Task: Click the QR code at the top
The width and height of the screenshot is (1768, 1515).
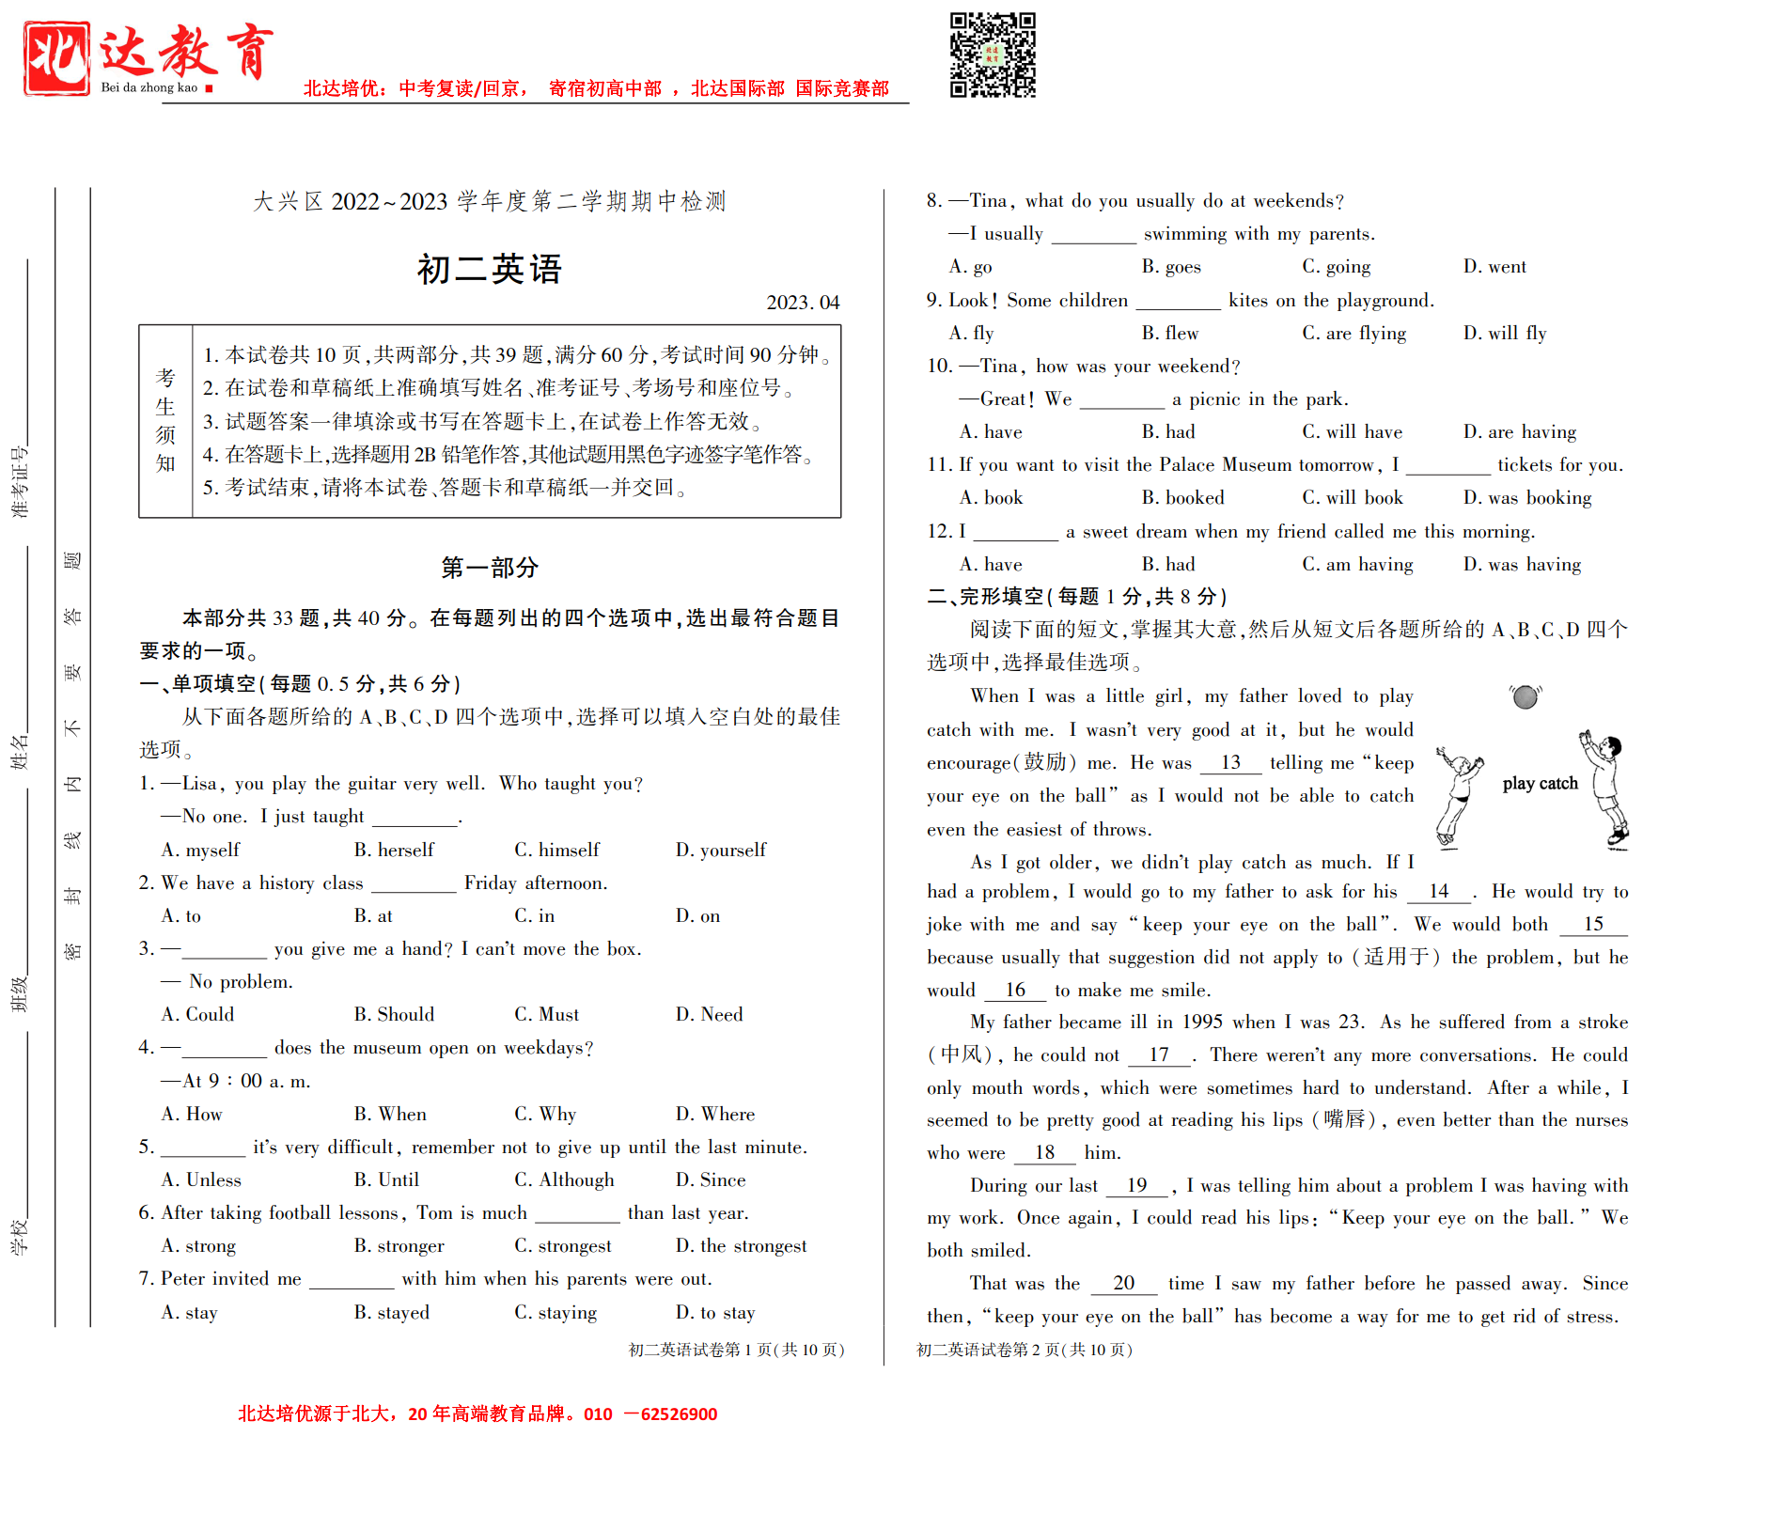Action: [993, 55]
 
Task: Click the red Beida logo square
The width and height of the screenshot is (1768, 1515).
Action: [57, 58]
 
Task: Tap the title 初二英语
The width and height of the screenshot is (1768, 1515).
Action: [490, 270]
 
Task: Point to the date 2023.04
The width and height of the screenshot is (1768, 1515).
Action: [803, 303]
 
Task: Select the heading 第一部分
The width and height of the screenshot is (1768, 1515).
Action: [490, 568]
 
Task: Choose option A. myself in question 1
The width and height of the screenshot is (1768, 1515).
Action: [201, 850]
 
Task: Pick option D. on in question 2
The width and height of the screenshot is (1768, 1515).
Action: [697, 915]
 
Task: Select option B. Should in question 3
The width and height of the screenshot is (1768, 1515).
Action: [394, 1014]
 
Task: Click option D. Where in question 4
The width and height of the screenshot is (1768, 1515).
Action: [715, 1114]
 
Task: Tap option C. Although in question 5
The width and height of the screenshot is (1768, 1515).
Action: [564, 1179]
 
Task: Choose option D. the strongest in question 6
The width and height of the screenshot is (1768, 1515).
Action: [741, 1245]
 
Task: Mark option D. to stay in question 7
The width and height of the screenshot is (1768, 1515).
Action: [715, 1312]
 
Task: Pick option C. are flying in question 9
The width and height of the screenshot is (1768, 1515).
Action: [1353, 333]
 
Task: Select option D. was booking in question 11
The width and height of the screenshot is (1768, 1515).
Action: [1527, 497]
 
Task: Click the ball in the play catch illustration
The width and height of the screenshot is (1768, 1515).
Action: [1525, 697]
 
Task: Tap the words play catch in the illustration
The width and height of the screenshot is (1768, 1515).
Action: [1540, 784]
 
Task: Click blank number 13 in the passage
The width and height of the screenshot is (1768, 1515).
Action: [1230, 762]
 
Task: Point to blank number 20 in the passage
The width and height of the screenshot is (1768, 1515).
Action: [1123, 1283]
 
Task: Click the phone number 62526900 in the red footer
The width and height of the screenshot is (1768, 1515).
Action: [679, 1413]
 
